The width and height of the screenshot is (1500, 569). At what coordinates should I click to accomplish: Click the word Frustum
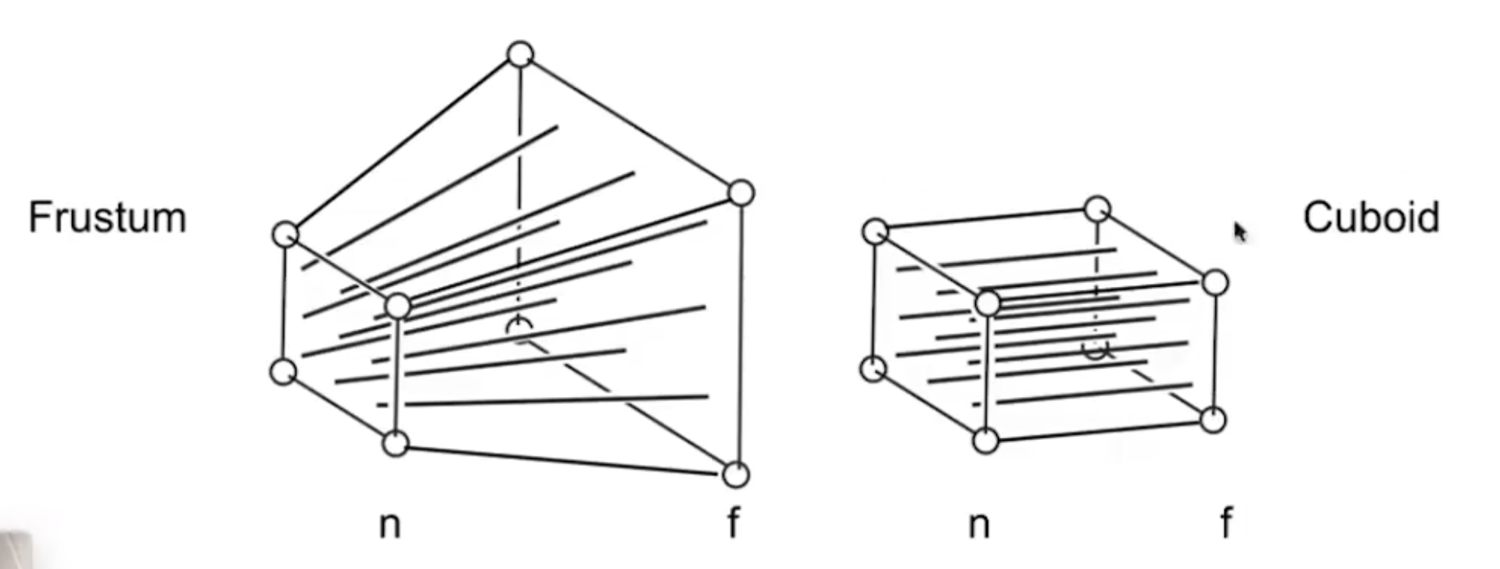(108, 217)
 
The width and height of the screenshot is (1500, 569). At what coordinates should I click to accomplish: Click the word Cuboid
(1371, 217)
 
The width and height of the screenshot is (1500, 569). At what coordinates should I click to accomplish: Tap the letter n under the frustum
(389, 524)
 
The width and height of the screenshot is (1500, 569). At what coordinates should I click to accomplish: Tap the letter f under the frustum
(733, 521)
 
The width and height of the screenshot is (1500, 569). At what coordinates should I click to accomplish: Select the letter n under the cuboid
(978, 524)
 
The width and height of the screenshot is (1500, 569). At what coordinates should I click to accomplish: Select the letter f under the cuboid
(1226, 521)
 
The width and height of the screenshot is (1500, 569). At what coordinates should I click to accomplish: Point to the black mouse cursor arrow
(1240, 232)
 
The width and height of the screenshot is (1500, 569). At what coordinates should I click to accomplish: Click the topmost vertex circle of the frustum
(520, 55)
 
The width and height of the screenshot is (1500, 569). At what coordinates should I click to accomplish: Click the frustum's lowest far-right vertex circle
(735, 474)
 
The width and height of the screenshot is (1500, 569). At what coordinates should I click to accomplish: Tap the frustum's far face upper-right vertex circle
(741, 192)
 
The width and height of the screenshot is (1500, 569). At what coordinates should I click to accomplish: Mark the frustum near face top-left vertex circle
(285, 234)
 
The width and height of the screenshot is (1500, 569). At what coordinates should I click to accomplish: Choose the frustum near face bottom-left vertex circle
(284, 371)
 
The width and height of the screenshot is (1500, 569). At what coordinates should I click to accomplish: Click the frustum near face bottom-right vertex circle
(396, 444)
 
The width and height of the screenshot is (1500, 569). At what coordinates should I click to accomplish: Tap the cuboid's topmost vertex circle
(1097, 209)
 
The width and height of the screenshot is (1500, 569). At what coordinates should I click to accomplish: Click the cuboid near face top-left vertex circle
(876, 231)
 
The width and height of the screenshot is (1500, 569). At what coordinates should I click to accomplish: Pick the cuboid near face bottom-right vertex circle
(986, 441)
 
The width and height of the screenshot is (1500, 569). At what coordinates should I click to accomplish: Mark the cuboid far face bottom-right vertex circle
(1212, 420)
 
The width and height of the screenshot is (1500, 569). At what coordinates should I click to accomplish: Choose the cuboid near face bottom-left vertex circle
(874, 368)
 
